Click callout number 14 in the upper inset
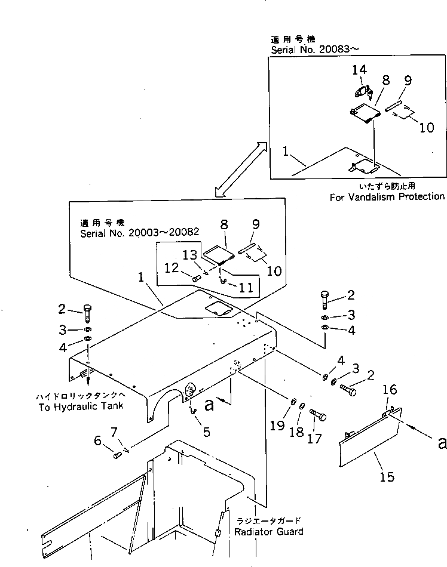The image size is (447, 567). coord(359,70)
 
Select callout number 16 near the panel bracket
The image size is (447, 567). coord(390,390)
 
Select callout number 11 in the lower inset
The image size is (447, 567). coord(243,286)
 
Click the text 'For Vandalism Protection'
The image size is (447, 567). coord(387,196)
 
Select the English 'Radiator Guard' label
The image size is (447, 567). coord(269,531)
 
